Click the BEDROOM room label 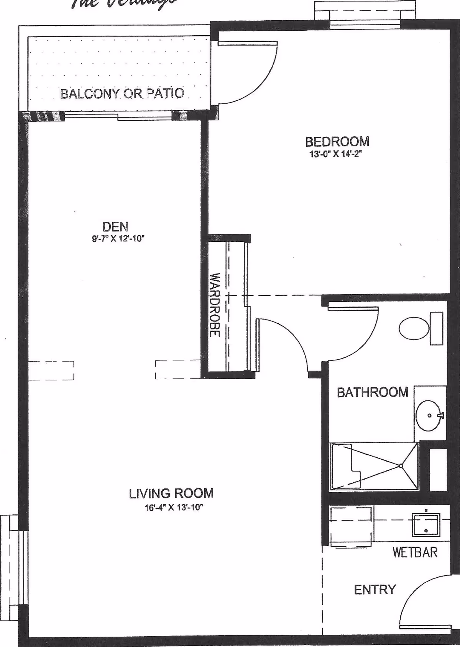(337, 142)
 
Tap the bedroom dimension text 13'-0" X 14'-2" (336, 155)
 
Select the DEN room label (115, 227)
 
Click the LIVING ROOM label (171, 493)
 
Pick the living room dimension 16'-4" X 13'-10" (173, 508)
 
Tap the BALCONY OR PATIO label (122, 93)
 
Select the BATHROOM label (373, 392)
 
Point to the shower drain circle (401, 466)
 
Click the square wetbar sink (426, 525)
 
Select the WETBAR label (415, 552)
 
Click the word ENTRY (375, 590)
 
